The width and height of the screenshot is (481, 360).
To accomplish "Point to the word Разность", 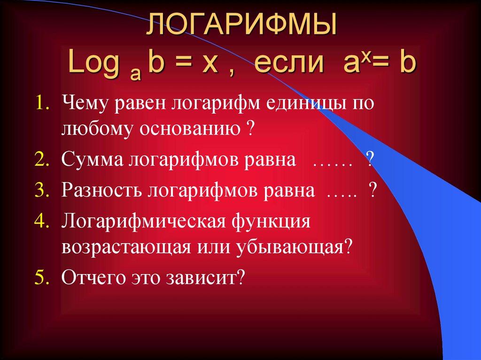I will pyautogui.click(x=102, y=191).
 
